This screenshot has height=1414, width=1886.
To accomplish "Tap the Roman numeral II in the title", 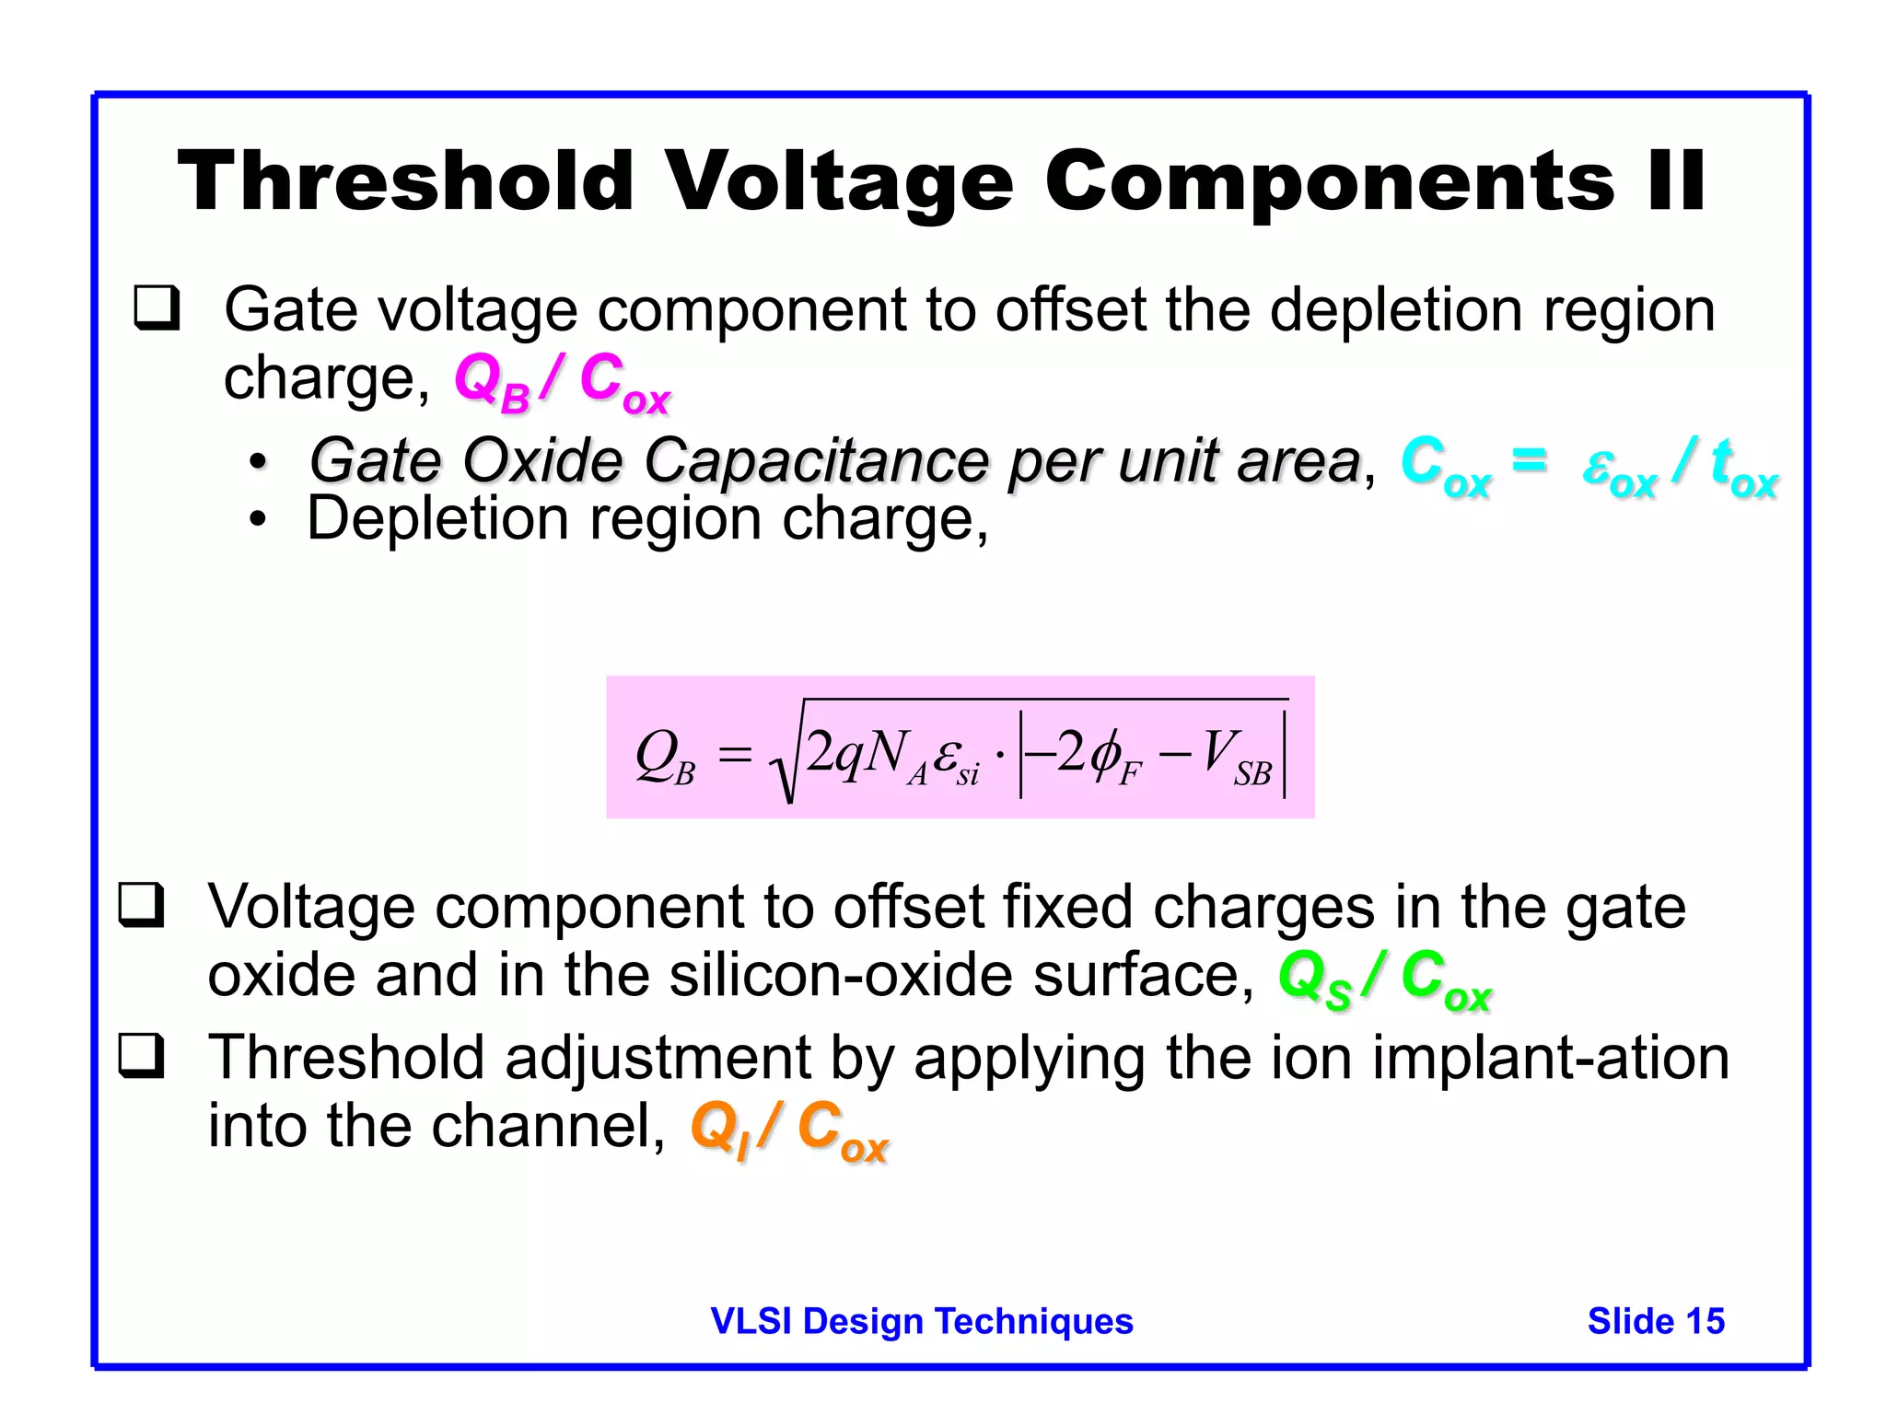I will coord(1675,181).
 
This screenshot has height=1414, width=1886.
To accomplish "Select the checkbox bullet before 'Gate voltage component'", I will coord(157,307).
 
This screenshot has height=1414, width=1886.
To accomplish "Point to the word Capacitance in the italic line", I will coord(816,460).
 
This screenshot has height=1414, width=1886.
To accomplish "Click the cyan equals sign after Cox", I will coord(1529,458).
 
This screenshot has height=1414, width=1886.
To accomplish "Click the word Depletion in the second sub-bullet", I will coord(437,518).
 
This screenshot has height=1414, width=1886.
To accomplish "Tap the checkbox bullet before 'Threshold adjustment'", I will coord(141,1056).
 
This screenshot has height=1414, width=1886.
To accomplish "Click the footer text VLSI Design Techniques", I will coord(921,1321).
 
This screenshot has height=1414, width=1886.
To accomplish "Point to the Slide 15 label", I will coord(1655,1321).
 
